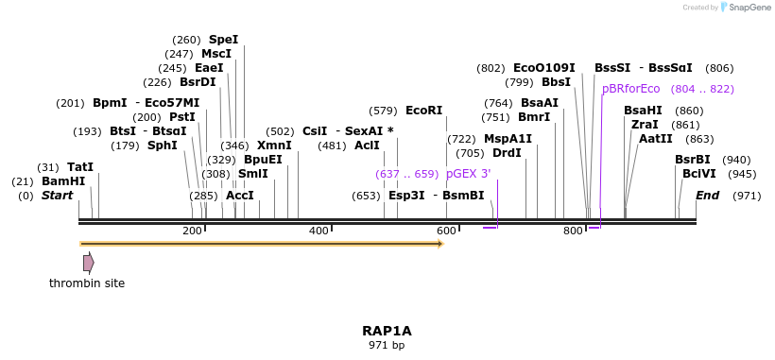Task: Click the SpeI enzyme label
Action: pos(223,40)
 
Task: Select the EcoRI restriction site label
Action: pos(423,111)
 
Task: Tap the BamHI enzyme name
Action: pos(63,180)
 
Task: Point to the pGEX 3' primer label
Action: pos(468,174)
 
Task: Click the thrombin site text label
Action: pos(87,283)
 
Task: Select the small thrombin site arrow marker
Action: pos(88,263)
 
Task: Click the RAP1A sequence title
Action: pos(387,331)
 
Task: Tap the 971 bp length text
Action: pos(387,346)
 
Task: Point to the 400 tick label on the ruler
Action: pos(319,231)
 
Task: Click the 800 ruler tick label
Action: pos(573,231)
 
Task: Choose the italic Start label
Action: pos(57,196)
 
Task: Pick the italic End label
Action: pos(707,196)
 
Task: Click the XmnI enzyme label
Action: pos(274,146)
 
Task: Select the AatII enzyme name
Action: pos(655,139)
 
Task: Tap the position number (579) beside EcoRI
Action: pos(383,111)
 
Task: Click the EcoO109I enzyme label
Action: pos(543,68)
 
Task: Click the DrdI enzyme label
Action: pos(507,153)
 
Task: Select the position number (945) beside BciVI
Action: pos(743,174)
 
